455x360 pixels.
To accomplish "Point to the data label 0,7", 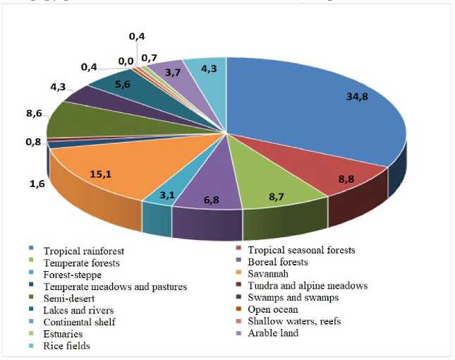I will click(x=149, y=57).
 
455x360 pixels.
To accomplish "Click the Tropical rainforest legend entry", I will click(x=77, y=250).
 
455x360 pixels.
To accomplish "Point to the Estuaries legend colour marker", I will click(x=30, y=333).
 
